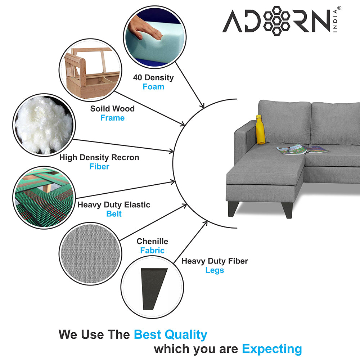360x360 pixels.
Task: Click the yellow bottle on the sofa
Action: pos(260,130)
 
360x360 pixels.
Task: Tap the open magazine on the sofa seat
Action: pos(303,149)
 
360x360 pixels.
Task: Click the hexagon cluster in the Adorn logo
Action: pos(276,21)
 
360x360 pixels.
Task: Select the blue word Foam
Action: pos(153,87)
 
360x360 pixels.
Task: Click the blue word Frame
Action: pos(112,118)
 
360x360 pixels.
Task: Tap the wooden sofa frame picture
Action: pos(90,70)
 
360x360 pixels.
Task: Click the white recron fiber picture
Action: pos(44,125)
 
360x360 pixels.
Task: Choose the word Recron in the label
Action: pos(125,158)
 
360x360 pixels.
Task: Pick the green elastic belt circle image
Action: pos(44,197)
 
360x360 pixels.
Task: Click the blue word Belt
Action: pos(114,214)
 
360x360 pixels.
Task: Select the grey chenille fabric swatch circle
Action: pos(90,254)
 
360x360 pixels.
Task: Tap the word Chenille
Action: pos(152,241)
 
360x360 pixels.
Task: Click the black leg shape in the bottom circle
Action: pos(153,289)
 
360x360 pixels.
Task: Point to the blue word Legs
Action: pos(215,270)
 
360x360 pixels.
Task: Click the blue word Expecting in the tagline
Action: pos(272,349)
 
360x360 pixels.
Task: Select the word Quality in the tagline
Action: pos(186,335)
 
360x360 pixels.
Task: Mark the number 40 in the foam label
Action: pos(138,78)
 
